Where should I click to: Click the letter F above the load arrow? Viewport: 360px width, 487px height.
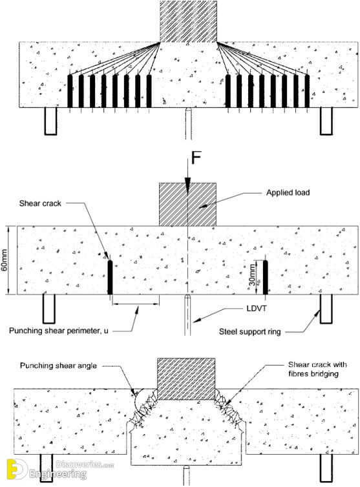[196, 158]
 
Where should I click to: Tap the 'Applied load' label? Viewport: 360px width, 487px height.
[288, 192]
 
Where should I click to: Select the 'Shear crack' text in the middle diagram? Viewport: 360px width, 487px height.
[40, 203]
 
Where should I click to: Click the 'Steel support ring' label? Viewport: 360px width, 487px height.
[249, 332]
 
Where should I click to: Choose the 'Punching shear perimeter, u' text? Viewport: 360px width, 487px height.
[59, 331]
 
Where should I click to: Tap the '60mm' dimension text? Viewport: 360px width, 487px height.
[4, 260]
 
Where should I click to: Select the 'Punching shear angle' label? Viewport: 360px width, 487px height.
[58, 366]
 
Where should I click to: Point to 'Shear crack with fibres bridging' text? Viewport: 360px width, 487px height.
[317, 369]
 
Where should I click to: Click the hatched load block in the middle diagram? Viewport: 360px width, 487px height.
[188, 204]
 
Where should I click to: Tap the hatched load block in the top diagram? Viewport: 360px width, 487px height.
[188, 21]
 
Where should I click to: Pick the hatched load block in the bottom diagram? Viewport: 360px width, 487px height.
[186, 379]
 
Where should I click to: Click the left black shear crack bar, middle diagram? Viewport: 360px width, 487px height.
[110, 277]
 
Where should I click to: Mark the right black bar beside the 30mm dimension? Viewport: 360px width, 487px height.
[265, 277]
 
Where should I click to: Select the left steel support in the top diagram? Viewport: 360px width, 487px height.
[50, 121]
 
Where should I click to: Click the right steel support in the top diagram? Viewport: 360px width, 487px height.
[326, 121]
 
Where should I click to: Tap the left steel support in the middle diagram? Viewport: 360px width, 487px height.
[49, 309]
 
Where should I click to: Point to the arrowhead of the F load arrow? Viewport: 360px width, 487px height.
[187, 182]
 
